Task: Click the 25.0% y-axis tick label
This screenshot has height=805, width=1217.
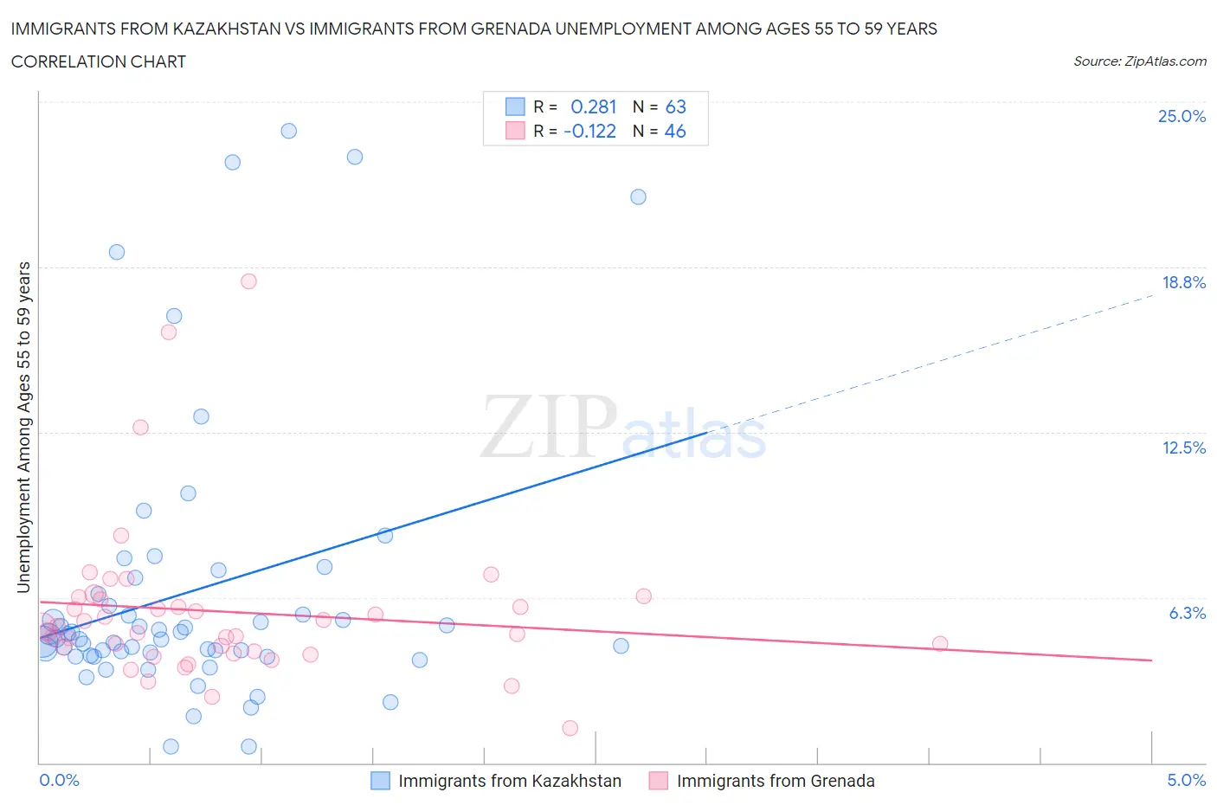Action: click(1182, 116)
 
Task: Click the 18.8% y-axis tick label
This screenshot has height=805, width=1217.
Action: click(1183, 282)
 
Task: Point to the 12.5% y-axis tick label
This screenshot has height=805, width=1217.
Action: click(1183, 448)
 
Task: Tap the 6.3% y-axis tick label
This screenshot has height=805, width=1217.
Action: click(1187, 613)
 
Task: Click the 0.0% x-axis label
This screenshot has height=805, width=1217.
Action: click(59, 780)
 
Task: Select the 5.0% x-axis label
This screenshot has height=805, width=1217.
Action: click(1186, 780)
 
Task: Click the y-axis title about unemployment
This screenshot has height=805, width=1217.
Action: click(23, 427)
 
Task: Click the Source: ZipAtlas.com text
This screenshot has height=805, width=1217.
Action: click(1139, 61)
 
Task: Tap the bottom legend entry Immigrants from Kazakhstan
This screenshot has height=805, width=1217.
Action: click(509, 781)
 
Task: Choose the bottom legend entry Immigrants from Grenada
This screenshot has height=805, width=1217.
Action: click(775, 781)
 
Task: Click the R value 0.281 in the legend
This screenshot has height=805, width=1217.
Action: click(593, 106)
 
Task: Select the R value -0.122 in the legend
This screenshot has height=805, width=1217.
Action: click(589, 131)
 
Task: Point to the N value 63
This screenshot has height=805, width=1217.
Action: click(675, 106)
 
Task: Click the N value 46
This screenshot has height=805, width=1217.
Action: click(675, 131)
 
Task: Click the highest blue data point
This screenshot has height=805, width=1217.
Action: click(289, 131)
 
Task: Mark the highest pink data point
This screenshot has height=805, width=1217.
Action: click(248, 280)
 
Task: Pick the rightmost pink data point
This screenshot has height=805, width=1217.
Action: click(940, 643)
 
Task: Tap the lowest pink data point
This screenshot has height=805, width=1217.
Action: click(570, 728)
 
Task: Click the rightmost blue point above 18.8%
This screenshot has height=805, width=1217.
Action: click(638, 196)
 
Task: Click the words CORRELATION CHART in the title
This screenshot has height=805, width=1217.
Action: click(99, 61)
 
